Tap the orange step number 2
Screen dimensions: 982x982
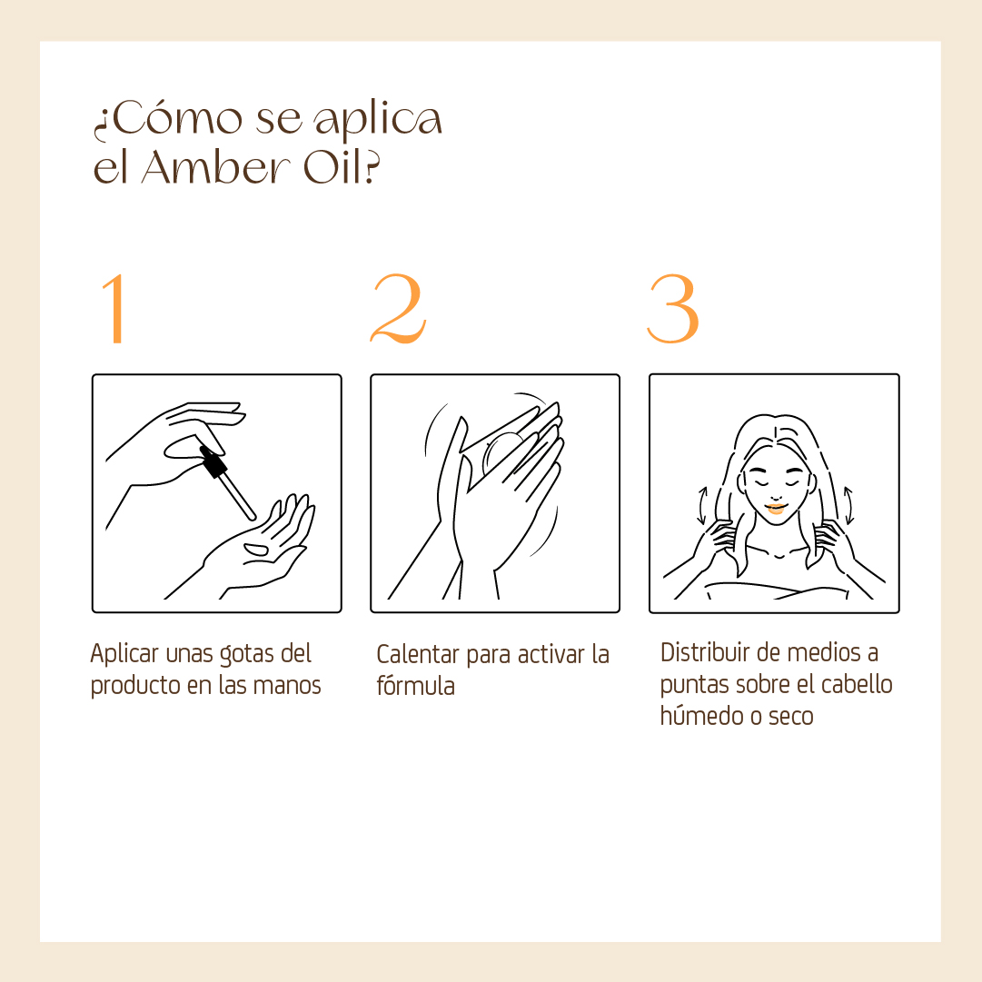coord(398,308)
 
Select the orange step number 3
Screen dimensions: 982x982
coord(672,308)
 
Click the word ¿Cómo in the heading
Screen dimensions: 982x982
coord(168,118)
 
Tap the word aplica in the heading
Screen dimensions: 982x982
coord(378,119)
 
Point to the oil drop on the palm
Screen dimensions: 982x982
coord(256,550)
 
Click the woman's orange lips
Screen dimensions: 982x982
coord(776,509)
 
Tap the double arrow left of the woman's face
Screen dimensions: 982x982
coord(703,505)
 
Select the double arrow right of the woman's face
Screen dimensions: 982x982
coord(848,505)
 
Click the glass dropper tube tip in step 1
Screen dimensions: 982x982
coord(253,517)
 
